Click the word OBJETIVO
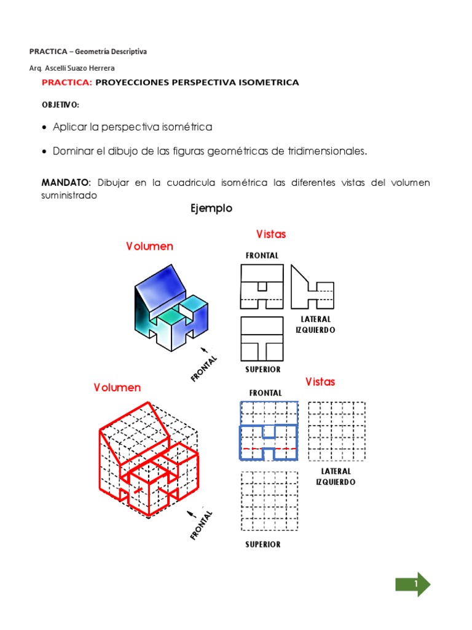click(x=60, y=105)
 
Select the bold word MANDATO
click(x=66, y=183)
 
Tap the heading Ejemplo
click(x=211, y=209)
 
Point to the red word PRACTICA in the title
click(x=66, y=82)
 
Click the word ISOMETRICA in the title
click(x=270, y=82)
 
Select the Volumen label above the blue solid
click(x=149, y=246)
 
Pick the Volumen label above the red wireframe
click(x=117, y=388)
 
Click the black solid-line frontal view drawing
click(x=262, y=286)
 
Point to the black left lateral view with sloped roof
click(x=312, y=287)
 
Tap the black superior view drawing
click(x=262, y=339)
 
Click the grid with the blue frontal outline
click(x=269, y=430)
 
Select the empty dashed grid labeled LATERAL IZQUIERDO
click(x=336, y=431)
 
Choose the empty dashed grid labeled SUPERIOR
click(x=268, y=501)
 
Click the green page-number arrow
click(x=412, y=584)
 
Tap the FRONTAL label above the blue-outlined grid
click(x=265, y=393)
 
